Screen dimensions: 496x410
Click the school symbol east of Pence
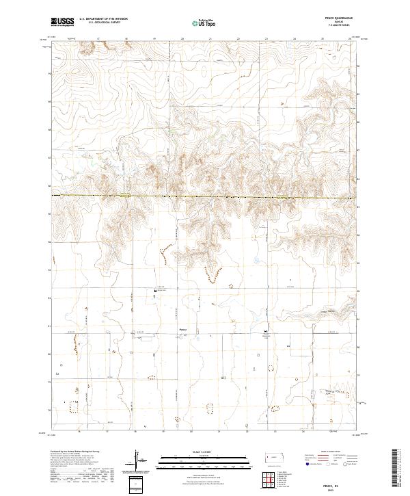267,332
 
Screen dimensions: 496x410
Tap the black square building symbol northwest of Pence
154,291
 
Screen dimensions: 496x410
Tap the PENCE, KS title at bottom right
332,484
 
